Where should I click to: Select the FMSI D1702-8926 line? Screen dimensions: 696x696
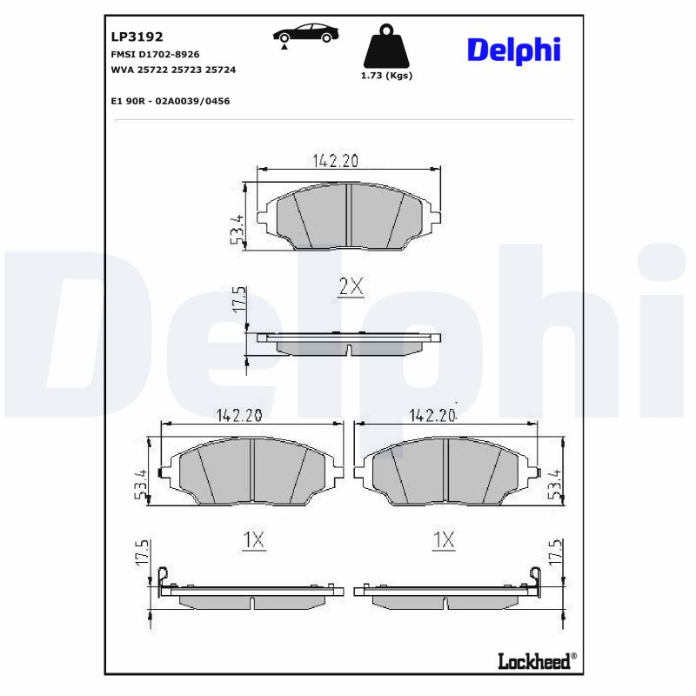(x=156, y=54)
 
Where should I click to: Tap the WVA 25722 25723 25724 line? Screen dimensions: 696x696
(x=173, y=69)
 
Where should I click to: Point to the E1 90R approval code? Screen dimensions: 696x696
(x=171, y=101)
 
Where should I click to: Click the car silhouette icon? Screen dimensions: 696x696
(x=305, y=34)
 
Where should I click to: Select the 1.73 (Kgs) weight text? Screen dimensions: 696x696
(x=386, y=76)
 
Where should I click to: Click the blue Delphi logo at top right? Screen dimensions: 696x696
(x=513, y=50)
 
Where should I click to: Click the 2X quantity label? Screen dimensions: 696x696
(x=350, y=286)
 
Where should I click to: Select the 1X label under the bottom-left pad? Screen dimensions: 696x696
(x=253, y=540)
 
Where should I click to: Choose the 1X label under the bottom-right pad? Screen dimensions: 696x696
(x=444, y=540)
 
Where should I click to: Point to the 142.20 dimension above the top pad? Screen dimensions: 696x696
(x=336, y=160)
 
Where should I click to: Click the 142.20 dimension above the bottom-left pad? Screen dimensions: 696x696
(x=238, y=416)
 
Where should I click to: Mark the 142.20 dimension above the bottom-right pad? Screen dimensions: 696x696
(x=432, y=416)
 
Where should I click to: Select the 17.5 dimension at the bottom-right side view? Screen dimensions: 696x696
(x=555, y=553)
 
